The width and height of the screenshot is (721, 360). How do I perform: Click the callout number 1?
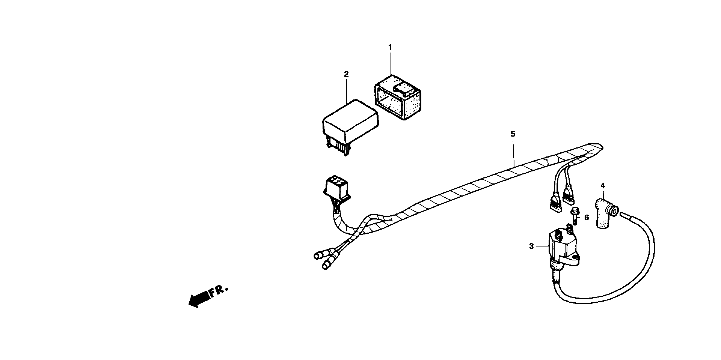pyautogui.click(x=390, y=48)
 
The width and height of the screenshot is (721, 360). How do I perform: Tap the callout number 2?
pyautogui.click(x=346, y=74)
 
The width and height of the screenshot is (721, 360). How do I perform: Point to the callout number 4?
pyautogui.click(x=603, y=186)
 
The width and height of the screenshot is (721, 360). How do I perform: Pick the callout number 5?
pyautogui.click(x=513, y=134)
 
